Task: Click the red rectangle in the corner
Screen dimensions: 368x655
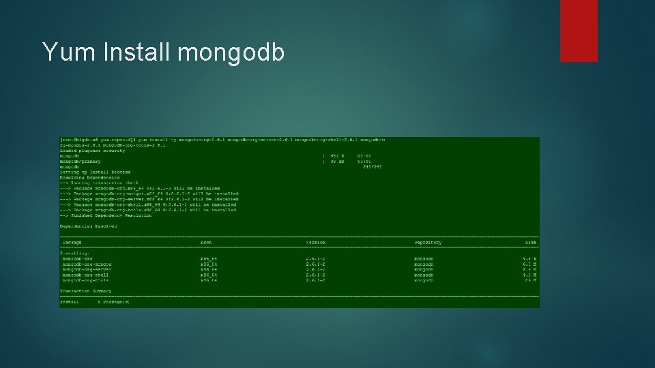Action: click(x=579, y=31)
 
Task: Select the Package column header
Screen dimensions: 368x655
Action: click(x=72, y=243)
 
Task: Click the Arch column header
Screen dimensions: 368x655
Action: click(x=206, y=243)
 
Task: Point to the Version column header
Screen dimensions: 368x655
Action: click(x=315, y=243)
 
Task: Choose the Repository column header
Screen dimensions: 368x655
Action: click(x=428, y=243)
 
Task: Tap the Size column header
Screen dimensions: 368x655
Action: click(x=531, y=243)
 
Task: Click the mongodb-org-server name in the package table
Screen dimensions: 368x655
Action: click(x=87, y=269)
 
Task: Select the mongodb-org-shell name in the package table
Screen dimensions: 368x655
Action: click(x=85, y=275)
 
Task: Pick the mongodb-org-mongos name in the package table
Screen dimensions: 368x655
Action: click(x=87, y=264)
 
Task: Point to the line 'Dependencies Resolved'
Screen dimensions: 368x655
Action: click(x=89, y=226)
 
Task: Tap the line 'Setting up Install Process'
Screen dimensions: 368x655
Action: click(x=95, y=172)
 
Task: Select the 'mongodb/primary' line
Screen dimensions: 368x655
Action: click(x=81, y=162)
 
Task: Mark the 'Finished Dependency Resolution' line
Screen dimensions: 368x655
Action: click(x=109, y=215)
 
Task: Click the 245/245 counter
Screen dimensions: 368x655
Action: click(x=373, y=167)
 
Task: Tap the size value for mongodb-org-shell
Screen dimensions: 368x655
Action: click(x=530, y=275)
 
